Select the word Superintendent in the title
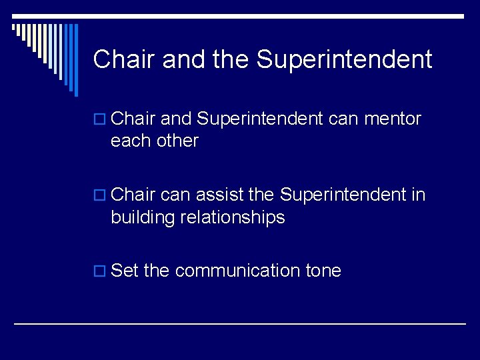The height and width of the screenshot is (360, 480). pyautogui.click(x=345, y=59)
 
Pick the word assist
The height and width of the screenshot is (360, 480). pyautogui.click(x=216, y=195)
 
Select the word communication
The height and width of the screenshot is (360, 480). pyautogui.click(x=237, y=271)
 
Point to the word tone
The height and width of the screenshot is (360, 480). pyautogui.click(x=323, y=271)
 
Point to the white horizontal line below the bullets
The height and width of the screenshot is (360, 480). pyautogui.click(x=240, y=323)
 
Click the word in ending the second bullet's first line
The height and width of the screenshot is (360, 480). pyautogui.click(x=419, y=195)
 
